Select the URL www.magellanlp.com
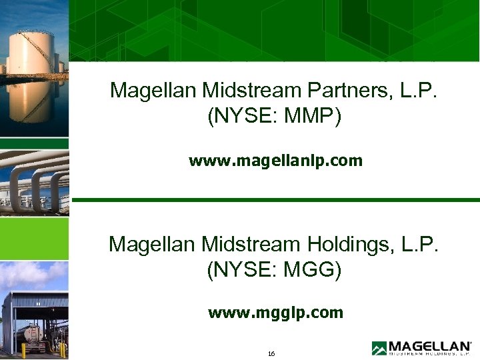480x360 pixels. (x=275, y=161)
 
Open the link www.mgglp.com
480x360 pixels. (x=275, y=313)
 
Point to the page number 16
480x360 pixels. (x=271, y=353)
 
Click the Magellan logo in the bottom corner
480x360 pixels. (x=421, y=348)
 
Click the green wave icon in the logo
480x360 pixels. (x=379, y=348)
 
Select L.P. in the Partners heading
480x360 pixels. (x=419, y=91)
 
